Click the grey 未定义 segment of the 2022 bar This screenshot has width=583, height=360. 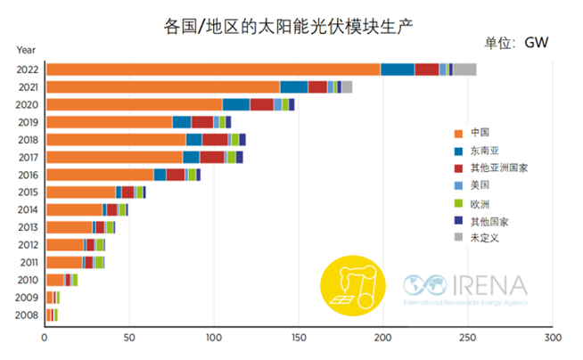click(x=464, y=70)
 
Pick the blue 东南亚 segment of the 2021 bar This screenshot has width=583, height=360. click(x=293, y=86)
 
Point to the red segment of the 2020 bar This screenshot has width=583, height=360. click(x=261, y=104)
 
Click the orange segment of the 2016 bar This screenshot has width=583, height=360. click(x=99, y=175)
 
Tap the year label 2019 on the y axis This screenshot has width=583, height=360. click(x=27, y=122)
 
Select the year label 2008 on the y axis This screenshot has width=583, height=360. click(x=27, y=314)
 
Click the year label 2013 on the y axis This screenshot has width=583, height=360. click(x=27, y=227)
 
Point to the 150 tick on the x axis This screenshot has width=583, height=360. click(x=299, y=339)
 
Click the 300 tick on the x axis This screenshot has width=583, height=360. click(x=552, y=339)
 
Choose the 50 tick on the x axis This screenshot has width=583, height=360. click(x=129, y=339)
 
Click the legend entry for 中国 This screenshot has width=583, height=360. click(x=479, y=132)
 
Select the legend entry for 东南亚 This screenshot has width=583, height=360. click(x=484, y=151)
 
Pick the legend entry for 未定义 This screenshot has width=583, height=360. click(x=484, y=237)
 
